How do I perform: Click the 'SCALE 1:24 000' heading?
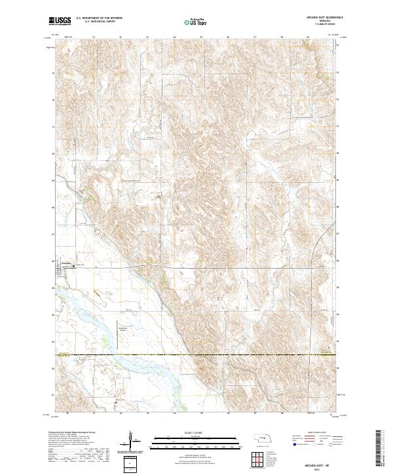point(187,433)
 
